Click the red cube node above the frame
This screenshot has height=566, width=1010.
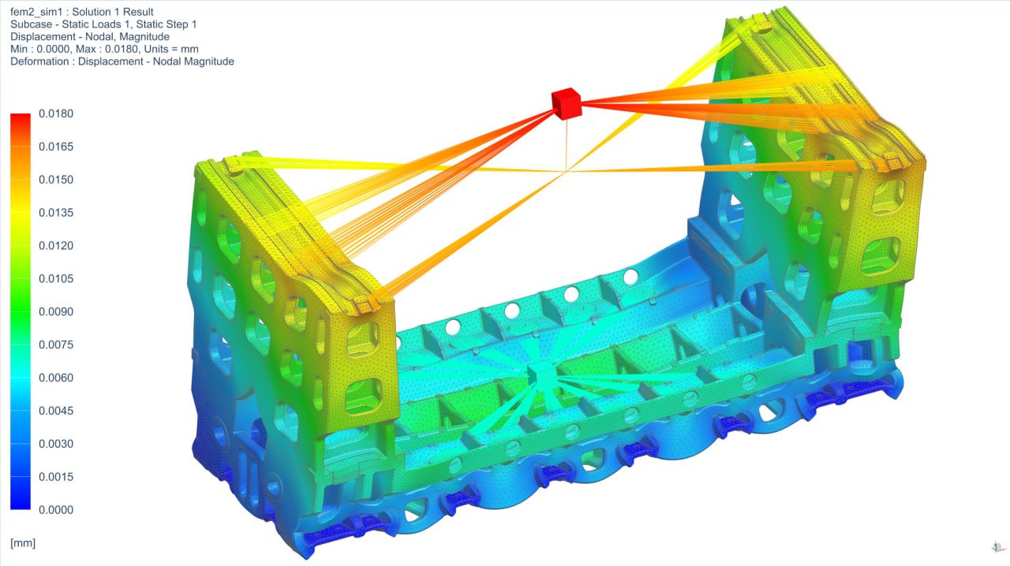(x=567, y=103)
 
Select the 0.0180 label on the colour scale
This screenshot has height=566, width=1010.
(x=56, y=114)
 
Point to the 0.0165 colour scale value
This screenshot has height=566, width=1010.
(x=56, y=147)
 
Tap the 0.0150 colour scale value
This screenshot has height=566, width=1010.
(x=56, y=180)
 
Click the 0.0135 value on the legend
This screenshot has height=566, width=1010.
(x=56, y=213)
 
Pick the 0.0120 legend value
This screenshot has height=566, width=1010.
(x=56, y=246)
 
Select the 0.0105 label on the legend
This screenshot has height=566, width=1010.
(x=56, y=278)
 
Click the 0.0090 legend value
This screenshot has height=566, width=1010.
(x=56, y=311)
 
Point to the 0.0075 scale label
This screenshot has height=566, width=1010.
(x=56, y=344)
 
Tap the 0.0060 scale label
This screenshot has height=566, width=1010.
(x=56, y=378)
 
